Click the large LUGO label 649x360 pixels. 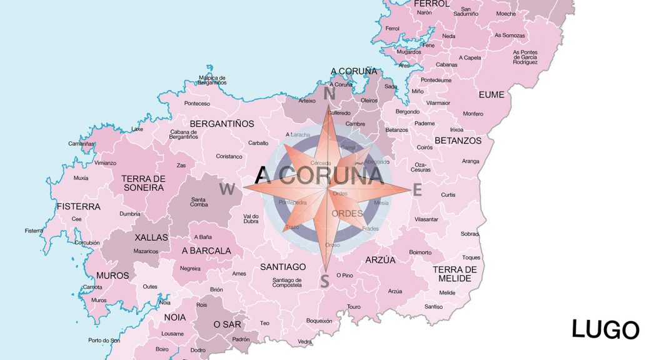pos(605,329)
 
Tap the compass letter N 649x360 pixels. pos(330,94)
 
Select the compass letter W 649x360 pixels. pos(227,189)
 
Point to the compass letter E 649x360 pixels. pos(418,190)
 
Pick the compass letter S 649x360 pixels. pos(324,282)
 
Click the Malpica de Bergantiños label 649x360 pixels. pos(212,80)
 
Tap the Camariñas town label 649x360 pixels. pos(81,144)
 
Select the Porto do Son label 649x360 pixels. pos(104,341)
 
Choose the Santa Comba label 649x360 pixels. pos(199,202)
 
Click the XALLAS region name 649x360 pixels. pos(151,237)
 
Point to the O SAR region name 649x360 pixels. pos(228,324)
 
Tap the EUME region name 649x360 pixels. pos(491,95)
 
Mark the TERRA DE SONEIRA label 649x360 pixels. pos(143,183)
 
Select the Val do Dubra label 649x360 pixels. pos(251,219)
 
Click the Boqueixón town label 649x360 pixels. pos(319,321)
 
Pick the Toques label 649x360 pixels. pos(471,257)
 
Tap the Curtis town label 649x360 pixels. pos(448,195)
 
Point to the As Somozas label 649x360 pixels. pos(510,36)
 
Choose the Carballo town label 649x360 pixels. pos(258,143)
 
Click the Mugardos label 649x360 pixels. pos(409,52)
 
